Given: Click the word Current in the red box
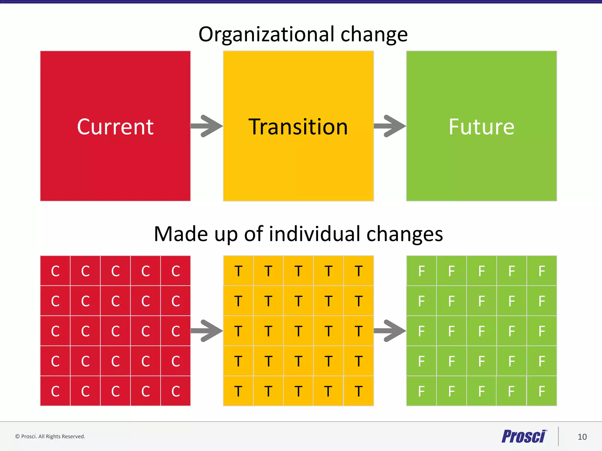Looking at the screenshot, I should pos(115,127).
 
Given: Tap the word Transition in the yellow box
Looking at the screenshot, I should pos(298,127).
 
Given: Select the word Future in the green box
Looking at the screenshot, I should pos(481,127).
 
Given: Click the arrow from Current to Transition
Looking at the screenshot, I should pos(207,126).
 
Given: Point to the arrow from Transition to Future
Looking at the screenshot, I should pos(390,126).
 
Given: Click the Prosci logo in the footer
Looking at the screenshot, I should pos(524,436).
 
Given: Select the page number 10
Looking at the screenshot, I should pos(582,437).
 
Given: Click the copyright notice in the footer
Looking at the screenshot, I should pos(50,437).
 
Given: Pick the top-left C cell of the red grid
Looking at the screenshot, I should pos(55,271).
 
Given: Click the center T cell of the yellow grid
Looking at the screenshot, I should pos(298,331).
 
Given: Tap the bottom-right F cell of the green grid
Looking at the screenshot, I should pos(542,391).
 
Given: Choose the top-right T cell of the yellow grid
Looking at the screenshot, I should pos(358,271).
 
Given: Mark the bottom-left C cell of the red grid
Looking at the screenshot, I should pos(55,391).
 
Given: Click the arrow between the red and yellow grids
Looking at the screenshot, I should pos(207,331).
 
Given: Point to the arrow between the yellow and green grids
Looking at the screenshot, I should pos(390,331).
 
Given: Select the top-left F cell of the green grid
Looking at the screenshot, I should pos(422,271).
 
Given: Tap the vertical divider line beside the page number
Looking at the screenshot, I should pos(558,436).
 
